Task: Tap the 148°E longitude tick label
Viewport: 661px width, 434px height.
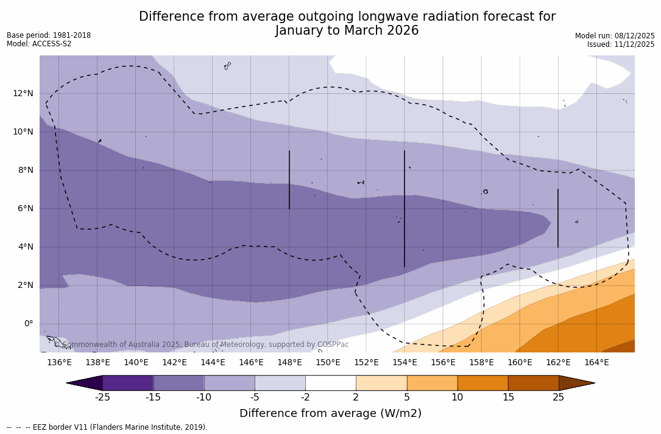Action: coord(289,363)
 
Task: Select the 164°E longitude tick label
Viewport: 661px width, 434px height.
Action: coord(596,363)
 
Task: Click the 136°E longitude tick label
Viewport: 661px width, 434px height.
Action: coord(59,363)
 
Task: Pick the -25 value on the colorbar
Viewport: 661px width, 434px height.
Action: coord(102,397)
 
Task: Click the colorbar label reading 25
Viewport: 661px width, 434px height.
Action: coord(558,397)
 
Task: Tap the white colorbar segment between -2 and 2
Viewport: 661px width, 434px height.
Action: coord(330,383)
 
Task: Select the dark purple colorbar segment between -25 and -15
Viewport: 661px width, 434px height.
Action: coord(128,383)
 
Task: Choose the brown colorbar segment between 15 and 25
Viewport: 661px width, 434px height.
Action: coord(533,383)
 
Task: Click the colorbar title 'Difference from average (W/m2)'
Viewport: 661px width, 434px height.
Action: coord(330,414)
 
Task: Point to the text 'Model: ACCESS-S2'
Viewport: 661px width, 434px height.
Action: coord(39,44)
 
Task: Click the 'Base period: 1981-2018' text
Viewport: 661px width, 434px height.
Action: coord(49,35)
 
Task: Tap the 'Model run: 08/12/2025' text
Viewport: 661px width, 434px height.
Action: coord(615,36)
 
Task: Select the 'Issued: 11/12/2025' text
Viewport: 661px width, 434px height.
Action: coord(621,44)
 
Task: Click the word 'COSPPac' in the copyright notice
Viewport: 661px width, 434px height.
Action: coord(333,345)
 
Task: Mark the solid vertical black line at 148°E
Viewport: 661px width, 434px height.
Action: coord(289,180)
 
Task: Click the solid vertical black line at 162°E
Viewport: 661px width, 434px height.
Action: coord(558,218)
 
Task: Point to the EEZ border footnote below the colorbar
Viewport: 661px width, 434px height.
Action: coord(107,427)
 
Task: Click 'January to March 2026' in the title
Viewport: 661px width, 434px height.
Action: coord(347,30)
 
